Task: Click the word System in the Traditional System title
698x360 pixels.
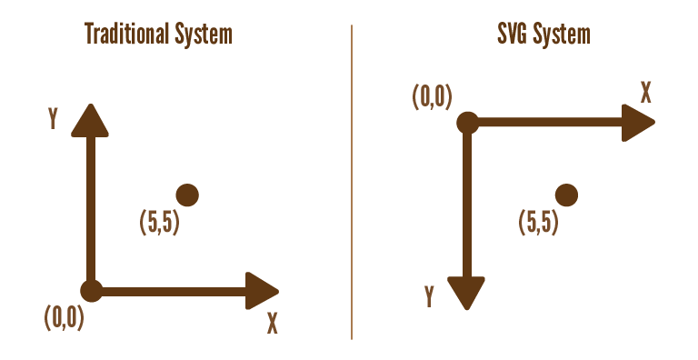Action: pyautogui.click(x=203, y=35)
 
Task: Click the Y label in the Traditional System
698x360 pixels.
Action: pyautogui.click(x=54, y=119)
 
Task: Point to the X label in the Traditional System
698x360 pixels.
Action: pyautogui.click(x=272, y=323)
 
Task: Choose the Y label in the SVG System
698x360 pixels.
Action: pyautogui.click(x=429, y=295)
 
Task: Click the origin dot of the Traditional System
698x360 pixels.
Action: pyautogui.click(x=91, y=291)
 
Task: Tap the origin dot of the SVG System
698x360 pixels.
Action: pyautogui.click(x=467, y=122)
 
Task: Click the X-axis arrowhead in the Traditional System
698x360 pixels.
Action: pyautogui.click(x=263, y=291)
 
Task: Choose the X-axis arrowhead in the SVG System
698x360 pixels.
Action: pyautogui.click(x=638, y=122)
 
